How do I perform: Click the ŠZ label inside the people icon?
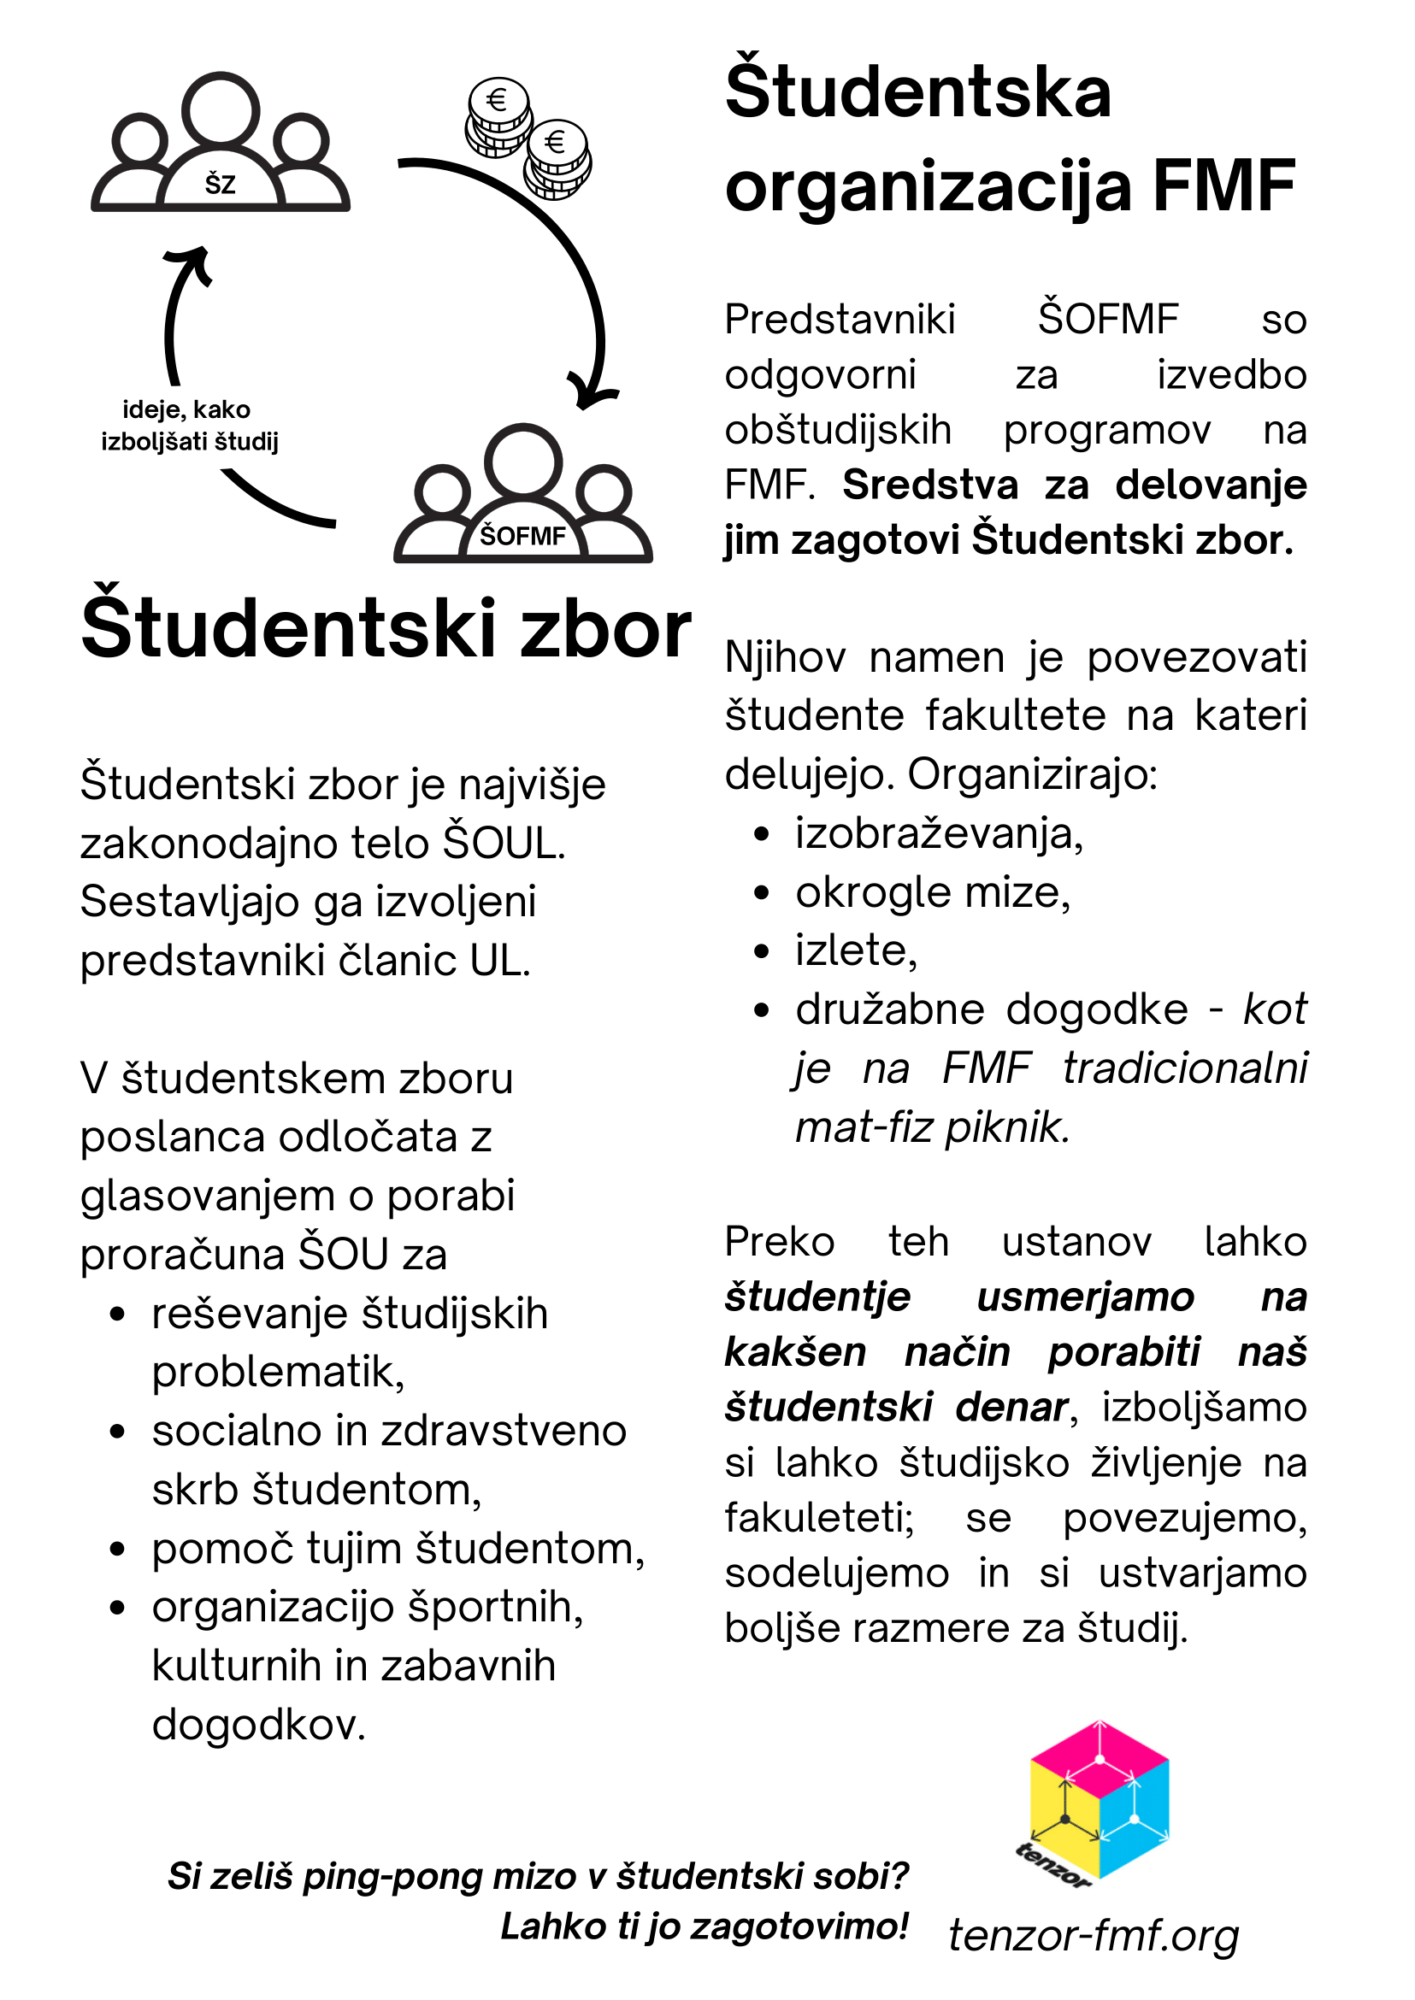pyautogui.click(x=220, y=185)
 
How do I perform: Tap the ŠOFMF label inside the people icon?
pyautogui.click(x=522, y=536)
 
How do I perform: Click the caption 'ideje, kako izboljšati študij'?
pyautogui.click(x=189, y=425)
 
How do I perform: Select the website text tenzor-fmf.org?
pyautogui.click(x=1093, y=1935)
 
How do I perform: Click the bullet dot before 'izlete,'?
pyautogui.click(x=762, y=951)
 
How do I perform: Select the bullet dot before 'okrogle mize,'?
pyautogui.click(x=762, y=893)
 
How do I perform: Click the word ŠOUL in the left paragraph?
pyautogui.click(x=504, y=844)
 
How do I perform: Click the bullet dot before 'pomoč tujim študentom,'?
pyautogui.click(x=119, y=1550)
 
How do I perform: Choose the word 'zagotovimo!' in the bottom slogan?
pyautogui.click(x=799, y=1926)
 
